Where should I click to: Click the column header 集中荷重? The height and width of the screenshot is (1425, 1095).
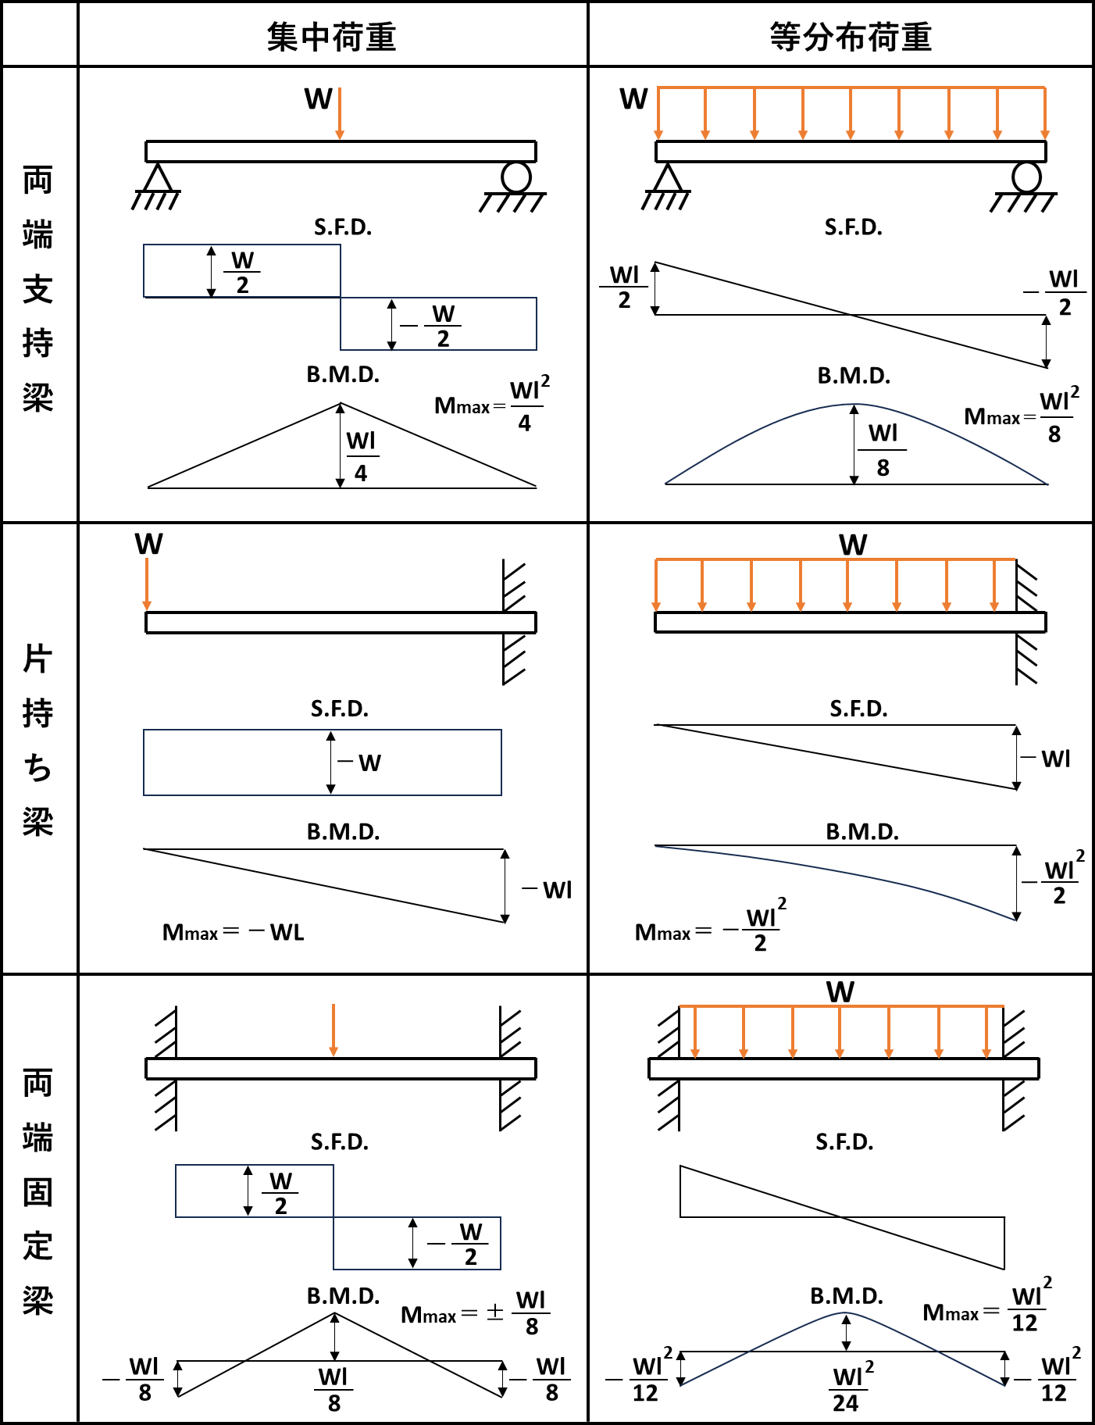tap(332, 37)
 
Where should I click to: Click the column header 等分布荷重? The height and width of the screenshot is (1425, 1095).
tap(851, 37)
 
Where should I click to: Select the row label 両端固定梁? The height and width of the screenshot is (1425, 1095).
tap(37, 1191)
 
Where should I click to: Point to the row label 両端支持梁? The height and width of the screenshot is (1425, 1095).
tap(37, 289)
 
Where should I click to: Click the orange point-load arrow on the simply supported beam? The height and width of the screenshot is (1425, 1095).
tap(340, 114)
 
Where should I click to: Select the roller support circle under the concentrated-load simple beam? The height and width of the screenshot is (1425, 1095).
tap(516, 177)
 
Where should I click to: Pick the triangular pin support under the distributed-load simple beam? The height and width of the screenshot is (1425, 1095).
tap(666, 178)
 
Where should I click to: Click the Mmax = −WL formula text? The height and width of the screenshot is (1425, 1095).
tap(233, 932)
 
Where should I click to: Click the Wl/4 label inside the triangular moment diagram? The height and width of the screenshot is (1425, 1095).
tap(361, 456)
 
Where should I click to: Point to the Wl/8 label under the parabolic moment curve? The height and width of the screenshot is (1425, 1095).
tap(883, 450)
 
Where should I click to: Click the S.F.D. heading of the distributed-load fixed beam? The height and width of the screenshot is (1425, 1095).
tap(844, 1142)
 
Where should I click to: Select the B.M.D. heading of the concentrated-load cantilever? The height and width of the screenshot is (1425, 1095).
tap(343, 832)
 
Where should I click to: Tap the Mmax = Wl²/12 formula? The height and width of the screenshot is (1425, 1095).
tap(988, 1307)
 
